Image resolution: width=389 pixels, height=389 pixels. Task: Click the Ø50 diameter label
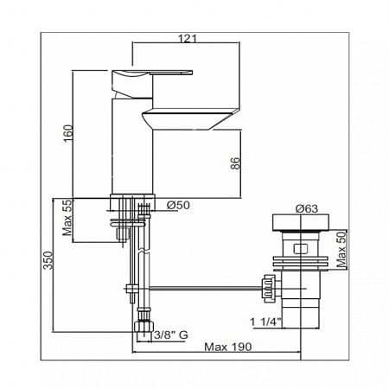[177, 205]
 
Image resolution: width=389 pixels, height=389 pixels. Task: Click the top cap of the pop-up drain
[299, 226]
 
